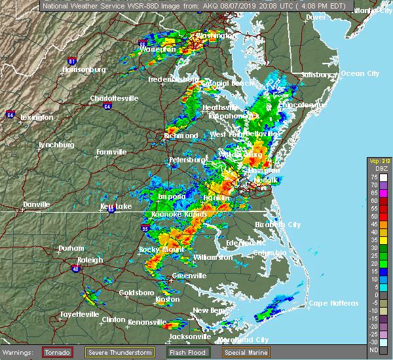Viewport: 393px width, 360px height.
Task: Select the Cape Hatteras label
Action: click(x=334, y=303)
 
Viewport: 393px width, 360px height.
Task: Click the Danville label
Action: click(x=36, y=204)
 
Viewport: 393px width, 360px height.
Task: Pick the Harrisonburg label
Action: click(x=84, y=69)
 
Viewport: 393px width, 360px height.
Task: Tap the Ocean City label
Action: click(x=360, y=73)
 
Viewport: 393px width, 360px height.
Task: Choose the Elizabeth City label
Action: click(x=278, y=225)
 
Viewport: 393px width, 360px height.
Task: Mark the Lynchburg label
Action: click(x=54, y=145)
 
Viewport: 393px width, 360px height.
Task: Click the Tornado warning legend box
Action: click(x=58, y=351)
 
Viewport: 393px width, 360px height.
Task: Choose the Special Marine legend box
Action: click(x=248, y=351)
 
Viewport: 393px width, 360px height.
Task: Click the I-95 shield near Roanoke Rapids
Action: click(x=144, y=228)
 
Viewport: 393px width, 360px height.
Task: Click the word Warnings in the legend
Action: click(x=20, y=351)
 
